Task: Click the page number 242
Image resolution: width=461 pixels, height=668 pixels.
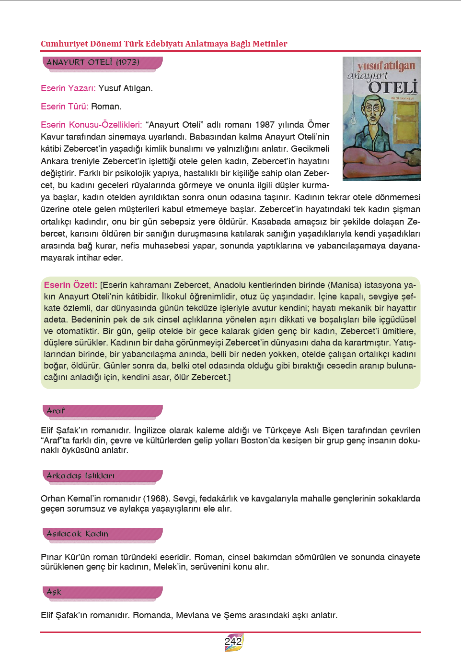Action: coord(233,642)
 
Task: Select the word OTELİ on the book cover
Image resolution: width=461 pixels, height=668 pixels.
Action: coord(393,87)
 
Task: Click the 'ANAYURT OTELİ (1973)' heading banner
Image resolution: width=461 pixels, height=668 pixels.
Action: coord(103,62)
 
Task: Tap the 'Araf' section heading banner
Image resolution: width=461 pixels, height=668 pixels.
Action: coord(103,411)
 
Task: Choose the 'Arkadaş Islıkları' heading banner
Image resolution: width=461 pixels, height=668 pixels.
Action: coord(103,476)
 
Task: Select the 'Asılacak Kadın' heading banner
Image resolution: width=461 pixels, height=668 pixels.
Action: coord(103,534)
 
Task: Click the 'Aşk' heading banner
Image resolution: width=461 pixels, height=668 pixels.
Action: coord(103,592)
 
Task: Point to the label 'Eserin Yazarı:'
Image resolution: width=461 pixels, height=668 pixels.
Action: coord(68,88)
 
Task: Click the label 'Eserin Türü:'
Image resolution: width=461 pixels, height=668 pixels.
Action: coord(64,107)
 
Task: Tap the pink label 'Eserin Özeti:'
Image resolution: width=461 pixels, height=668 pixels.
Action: coord(70,285)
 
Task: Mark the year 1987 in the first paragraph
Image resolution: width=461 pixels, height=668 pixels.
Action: coord(265,125)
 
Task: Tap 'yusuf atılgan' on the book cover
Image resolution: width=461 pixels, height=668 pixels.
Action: coord(386,65)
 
